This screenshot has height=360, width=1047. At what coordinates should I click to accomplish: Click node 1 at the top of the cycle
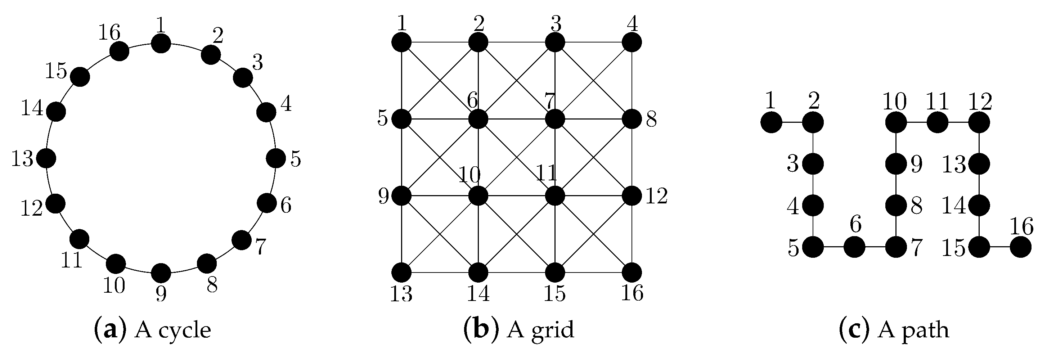pyautogui.click(x=161, y=43)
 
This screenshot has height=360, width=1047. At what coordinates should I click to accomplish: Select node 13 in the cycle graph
pyautogui.click(x=46, y=158)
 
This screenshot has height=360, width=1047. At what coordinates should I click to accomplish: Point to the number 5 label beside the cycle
pyautogui.click(x=296, y=159)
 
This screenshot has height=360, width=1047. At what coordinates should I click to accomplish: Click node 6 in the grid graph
pyautogui.click(x=478, y=120)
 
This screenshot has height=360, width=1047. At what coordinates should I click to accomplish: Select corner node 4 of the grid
pyautogui.click(x=632, y=42)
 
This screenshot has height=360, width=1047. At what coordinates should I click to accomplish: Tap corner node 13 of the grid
pyautogui.click(x=401, y=272)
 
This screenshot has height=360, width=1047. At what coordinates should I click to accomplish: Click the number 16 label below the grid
pyautogui.click(x=632, y=293)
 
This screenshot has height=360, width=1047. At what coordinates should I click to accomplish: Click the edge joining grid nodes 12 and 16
pyautogui.click(x=632, y=234)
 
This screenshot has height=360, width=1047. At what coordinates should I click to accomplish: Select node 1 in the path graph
pyautogui.click(x=771, y=122)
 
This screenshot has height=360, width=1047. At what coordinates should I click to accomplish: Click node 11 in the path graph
pyautogui.click(x=938, y=122)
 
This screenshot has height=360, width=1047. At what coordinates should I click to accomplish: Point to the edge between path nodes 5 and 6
pyautogui.click(x=833, y=247)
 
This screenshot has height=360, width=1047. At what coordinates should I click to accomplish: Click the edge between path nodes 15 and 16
pyautogui.click(x=1000, y=247)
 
